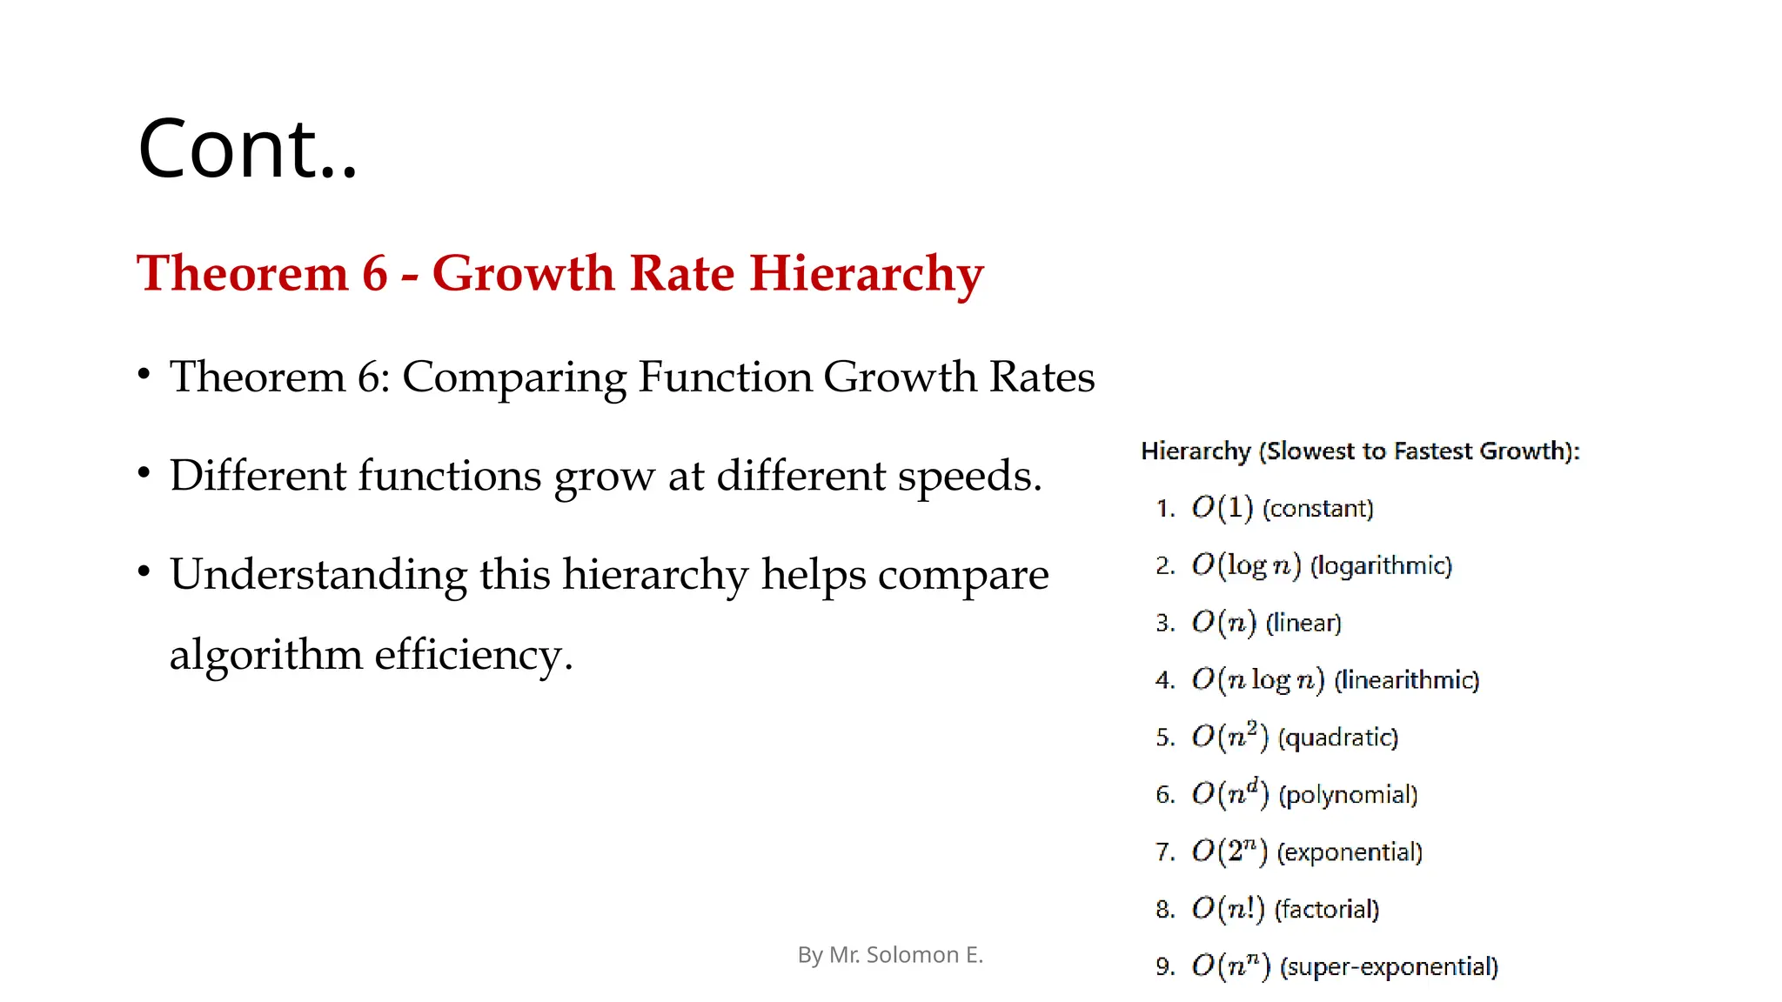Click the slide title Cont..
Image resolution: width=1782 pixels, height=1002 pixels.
[x=247, y=149]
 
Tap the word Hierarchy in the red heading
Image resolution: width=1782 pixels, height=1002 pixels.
[x=867, y=274]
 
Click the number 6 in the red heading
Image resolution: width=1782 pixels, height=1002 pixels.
[x=374, y=274]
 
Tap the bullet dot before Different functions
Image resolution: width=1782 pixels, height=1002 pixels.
[x=144, y=474]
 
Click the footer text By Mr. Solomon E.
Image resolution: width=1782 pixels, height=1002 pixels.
[x=890, y=955]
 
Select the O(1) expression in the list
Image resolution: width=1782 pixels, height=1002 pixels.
[x=1222, y=508]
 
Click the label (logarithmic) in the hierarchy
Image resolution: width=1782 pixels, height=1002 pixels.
[x=1381, y=566]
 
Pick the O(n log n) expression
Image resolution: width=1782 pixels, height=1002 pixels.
[x=1257, y=680]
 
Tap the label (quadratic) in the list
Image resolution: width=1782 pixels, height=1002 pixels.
[x=1337, y=738]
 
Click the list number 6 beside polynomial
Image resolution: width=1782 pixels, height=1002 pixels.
[x=1164, y=795]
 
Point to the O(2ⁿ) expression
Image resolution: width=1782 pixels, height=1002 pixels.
[x=1229, y=852]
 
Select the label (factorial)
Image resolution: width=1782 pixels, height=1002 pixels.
[x=1327, y=910]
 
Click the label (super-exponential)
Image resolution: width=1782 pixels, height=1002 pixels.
[x=1389, y=967]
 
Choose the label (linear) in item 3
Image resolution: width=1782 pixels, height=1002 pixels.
[x=1303, y=624]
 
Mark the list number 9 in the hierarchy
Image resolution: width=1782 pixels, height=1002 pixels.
[x=1164, y=967]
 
